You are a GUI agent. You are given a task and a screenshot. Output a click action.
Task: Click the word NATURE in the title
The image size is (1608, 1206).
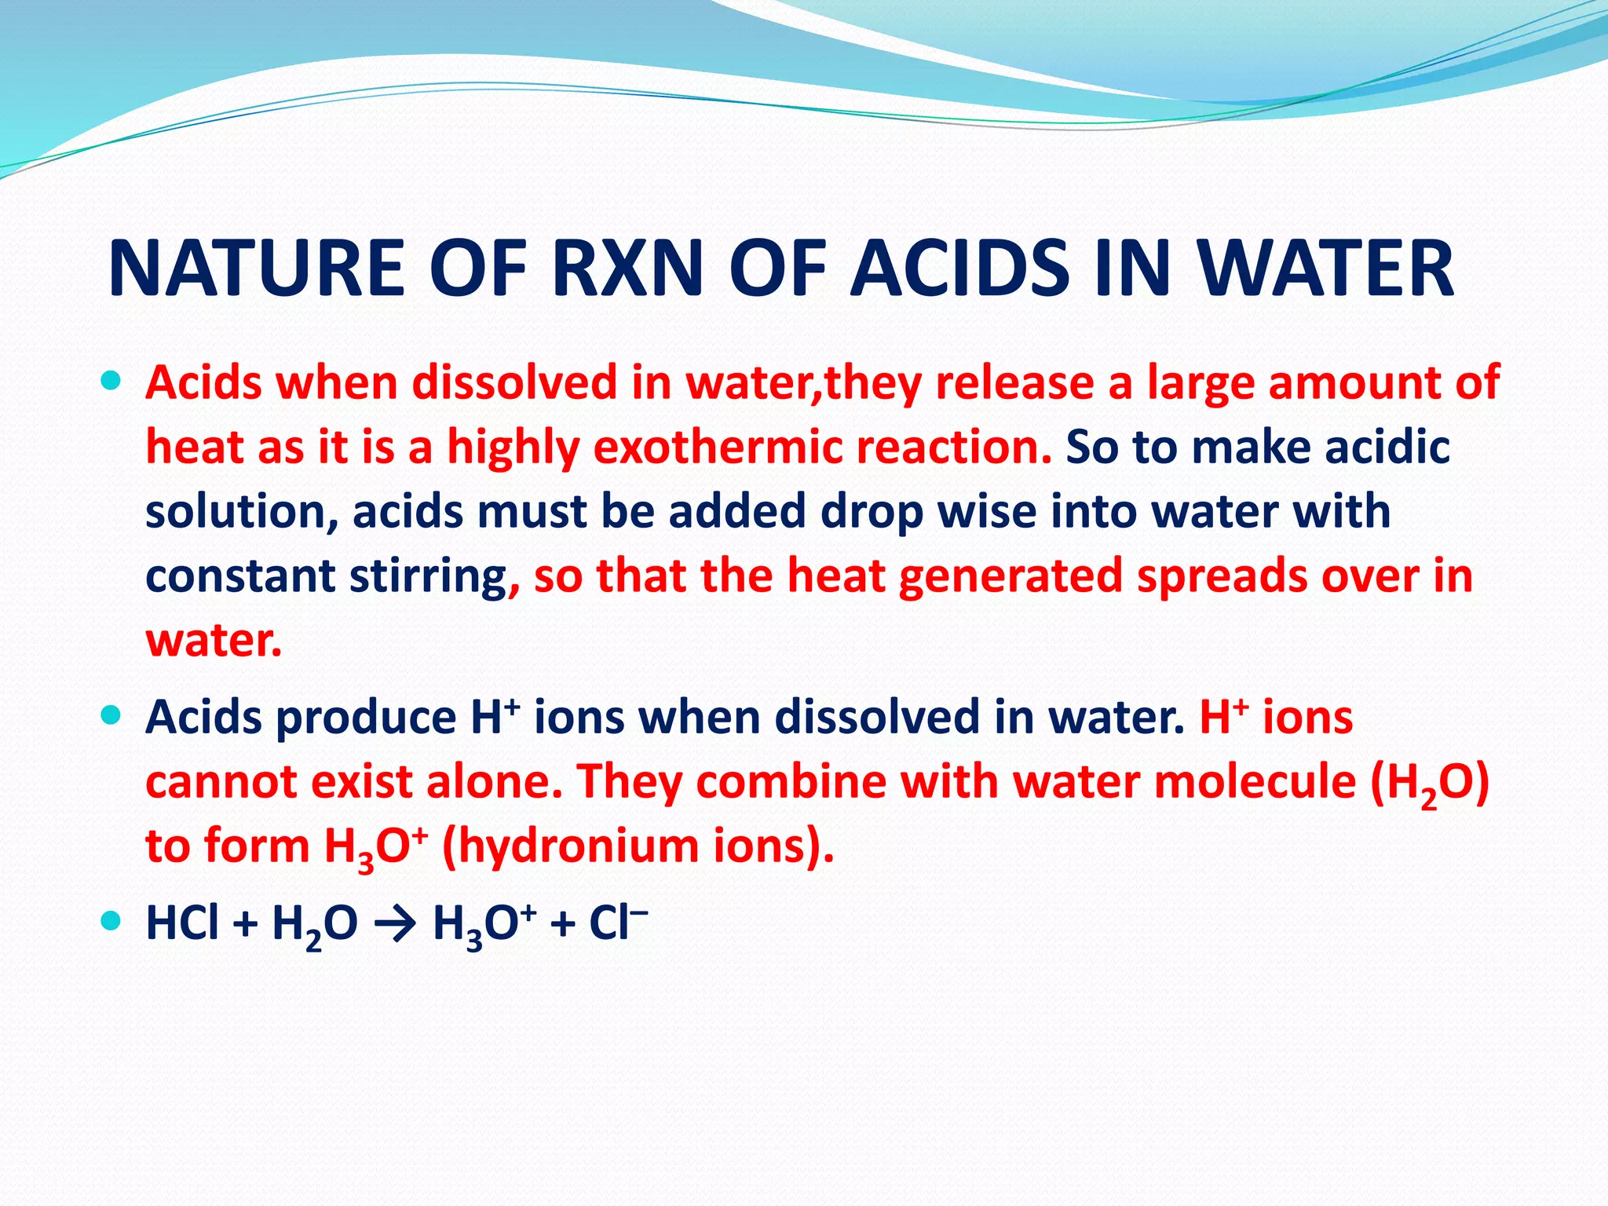[256, 269]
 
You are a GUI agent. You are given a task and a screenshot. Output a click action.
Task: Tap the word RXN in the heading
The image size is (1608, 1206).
[627, 269]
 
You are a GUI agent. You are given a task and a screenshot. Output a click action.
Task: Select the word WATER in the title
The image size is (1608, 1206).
[1326, 269]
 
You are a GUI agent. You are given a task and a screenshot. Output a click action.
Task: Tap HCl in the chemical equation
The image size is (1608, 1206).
[182, 923]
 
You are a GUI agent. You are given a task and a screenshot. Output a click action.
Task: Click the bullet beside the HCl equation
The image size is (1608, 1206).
[111, 920]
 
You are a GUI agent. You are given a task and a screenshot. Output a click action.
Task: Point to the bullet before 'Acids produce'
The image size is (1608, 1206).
[111, 715]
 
